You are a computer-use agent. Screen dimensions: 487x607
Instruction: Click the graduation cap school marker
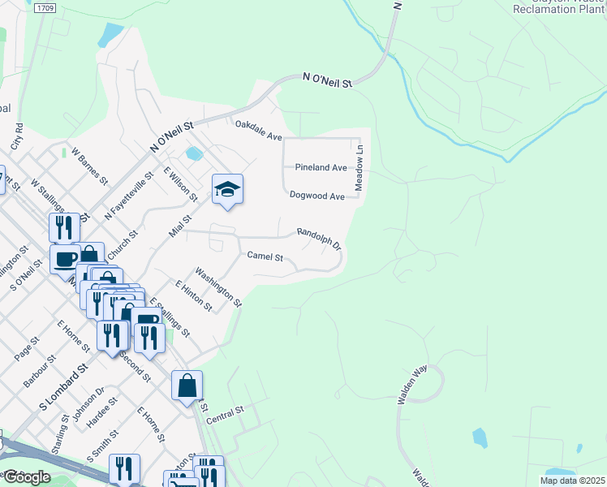[227, 190]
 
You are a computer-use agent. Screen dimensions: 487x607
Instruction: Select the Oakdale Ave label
[258, 131]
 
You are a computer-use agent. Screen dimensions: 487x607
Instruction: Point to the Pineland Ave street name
[321, 167]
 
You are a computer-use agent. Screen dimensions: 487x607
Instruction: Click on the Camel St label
[265, 257]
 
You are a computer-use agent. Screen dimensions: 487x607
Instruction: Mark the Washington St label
[218, 287]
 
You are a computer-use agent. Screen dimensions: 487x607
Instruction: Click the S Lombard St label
[64, 388]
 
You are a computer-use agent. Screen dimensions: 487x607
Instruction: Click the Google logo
[26, 476]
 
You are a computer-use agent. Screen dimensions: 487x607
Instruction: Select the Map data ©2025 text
[572, 481]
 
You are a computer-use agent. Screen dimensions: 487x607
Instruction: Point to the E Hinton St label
[193, 295]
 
